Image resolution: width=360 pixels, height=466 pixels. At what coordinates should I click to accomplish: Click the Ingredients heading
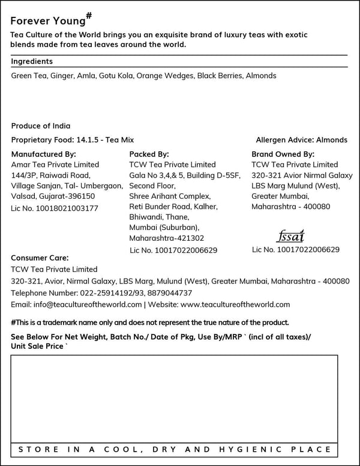32,61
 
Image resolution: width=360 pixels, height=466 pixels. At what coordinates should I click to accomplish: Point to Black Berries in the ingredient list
219,76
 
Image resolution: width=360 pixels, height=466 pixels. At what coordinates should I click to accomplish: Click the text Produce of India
41,126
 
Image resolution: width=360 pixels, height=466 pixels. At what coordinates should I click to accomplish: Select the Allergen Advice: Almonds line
301,140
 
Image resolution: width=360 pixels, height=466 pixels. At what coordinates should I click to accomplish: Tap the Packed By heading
149,154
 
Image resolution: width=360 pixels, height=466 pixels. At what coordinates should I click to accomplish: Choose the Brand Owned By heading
283,154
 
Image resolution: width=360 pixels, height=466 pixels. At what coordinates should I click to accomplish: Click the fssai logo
291,235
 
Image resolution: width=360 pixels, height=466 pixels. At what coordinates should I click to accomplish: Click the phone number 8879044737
170,293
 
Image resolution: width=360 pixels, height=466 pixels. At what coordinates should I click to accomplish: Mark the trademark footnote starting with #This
150,322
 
